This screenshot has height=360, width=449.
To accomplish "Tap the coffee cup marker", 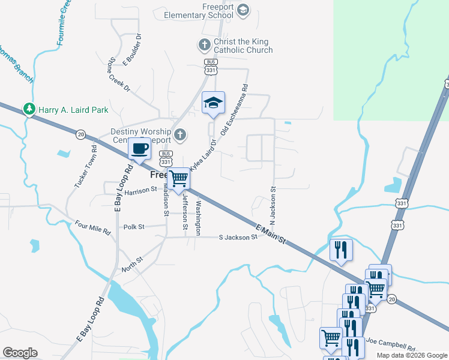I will (140, 148).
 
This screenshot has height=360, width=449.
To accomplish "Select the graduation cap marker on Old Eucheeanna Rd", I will (213, 103).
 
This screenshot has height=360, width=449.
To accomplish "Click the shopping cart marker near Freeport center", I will (178, 178).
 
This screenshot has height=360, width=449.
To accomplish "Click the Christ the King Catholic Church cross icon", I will (204, 44).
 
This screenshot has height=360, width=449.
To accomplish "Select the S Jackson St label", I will (238, 237).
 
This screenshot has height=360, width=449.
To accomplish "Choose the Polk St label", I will (134, 227).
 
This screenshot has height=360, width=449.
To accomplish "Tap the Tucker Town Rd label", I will (85, 166).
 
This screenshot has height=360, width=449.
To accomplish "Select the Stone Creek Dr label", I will (119, 75).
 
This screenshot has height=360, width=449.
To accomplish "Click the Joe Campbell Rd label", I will (390, 344).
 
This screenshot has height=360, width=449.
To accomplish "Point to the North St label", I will (131, 262).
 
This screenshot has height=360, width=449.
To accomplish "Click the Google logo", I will (20, 353).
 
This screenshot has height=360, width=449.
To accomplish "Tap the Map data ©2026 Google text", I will (411, 355).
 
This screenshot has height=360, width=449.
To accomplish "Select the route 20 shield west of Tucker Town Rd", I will (80, 134).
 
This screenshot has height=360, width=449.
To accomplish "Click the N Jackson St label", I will (272, 205).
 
